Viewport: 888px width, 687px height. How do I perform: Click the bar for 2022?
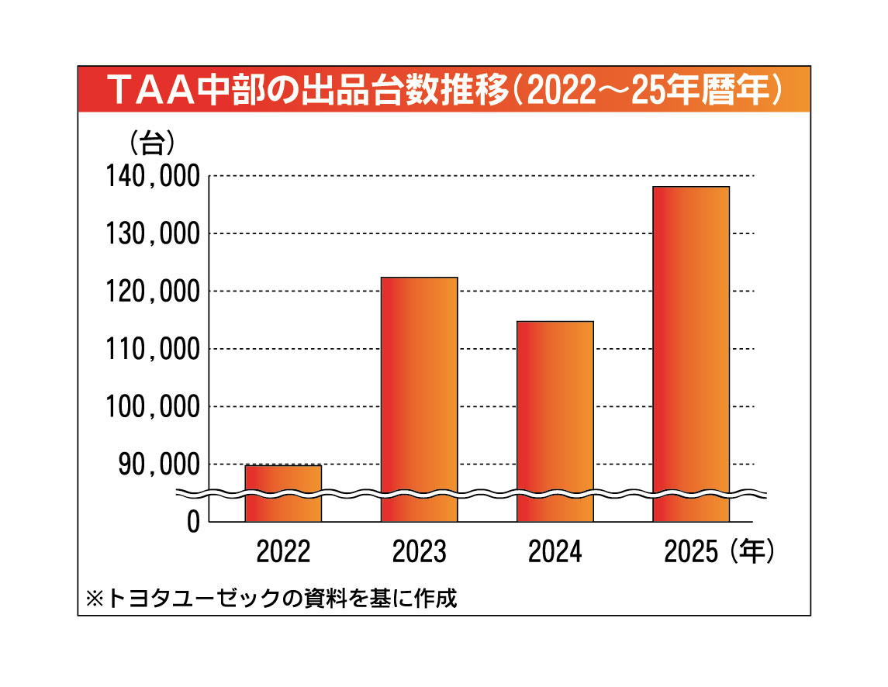(283, 493)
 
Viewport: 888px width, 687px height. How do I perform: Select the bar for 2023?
(419, 399)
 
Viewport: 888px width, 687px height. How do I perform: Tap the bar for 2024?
(555, 421)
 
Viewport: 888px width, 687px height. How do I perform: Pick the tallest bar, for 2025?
(690, 354)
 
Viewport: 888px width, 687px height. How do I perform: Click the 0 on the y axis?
(192, 522)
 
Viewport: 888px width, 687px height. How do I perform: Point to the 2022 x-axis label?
(283, 552)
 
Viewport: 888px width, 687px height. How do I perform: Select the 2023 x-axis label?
(419, 552)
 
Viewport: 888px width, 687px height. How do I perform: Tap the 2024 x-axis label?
(555, 552)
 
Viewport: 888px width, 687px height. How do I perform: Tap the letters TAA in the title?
(152, 89)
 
